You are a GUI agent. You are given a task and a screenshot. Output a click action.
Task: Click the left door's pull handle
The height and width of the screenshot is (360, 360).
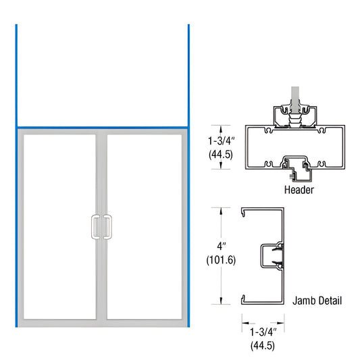[x=95, y=226]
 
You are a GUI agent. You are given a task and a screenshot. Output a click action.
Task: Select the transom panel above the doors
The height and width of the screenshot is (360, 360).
[x=102, y=74]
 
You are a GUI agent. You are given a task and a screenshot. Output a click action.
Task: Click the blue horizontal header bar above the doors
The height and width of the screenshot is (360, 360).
[x=102, y=126]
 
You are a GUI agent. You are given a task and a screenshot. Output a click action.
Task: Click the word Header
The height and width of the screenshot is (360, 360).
[x=298, y=190]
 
